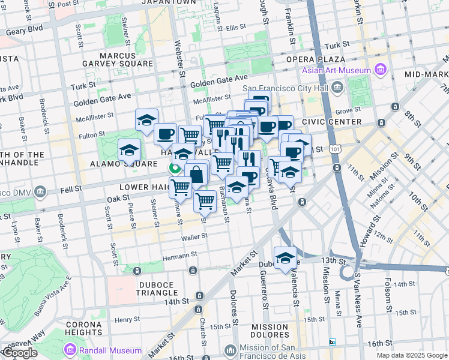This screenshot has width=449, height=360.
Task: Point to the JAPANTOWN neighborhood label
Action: (x=169, y=3)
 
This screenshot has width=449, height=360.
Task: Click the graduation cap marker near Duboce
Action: (x=286, y=258)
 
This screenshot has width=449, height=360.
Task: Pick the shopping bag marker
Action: (x=196, y=175)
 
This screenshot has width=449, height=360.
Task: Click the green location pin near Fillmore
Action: (x=175, y=168)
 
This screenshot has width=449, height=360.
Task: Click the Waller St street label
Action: (x=194, y=236)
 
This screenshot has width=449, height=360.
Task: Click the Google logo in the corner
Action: (x=19, y=353)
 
